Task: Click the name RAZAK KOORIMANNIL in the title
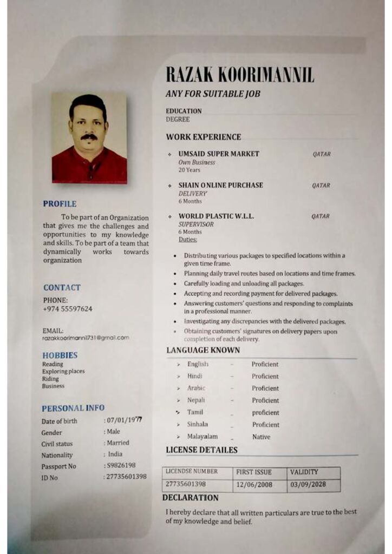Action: tap(239, 75)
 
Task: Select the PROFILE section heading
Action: tap(60, 204)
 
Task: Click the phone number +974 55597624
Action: tap(67, 309)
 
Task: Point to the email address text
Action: tap(86, 338)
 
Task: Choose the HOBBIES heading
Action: tap(60, 355)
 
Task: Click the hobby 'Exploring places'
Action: tap(63, 372)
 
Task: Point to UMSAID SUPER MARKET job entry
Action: tap(219, 154)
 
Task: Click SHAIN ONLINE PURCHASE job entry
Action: tap(220, 185)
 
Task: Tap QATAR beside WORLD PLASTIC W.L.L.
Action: tap(321, 216)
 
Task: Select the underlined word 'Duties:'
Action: tap(188, 239)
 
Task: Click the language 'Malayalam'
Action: tap(202, 437)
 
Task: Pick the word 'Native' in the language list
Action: tap(261, 437)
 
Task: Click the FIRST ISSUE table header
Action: tap(254, 472)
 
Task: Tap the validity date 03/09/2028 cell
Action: tap(308, 485)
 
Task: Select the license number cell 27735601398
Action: tap(186, 484)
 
